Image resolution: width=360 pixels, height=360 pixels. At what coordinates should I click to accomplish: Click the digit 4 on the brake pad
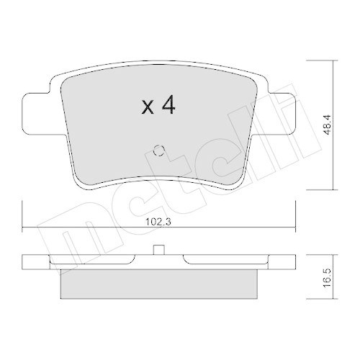[x=168, y=107]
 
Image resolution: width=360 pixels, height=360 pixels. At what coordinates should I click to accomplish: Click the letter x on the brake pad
[x=147, y=108]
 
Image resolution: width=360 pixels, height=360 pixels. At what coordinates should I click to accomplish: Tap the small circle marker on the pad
[x=160, y=151]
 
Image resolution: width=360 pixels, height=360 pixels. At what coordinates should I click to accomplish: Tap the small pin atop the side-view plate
[x=160, y=251]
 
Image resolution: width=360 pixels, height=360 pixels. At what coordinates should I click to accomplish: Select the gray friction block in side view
[x=160, y=283]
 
